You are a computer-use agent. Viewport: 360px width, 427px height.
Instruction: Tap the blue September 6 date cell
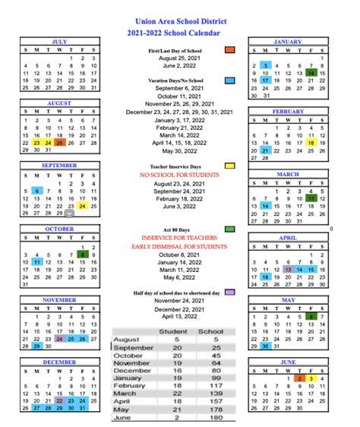click(38, 192)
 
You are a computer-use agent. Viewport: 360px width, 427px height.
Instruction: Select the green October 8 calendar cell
click(93, 255)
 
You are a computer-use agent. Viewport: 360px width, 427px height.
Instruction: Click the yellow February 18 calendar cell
click(311, 142)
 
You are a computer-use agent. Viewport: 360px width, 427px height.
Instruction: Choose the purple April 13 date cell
click(288, 268)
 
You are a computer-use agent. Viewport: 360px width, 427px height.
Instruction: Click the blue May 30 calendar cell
click(264, 346)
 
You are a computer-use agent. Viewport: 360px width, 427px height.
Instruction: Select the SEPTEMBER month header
click(60, 164)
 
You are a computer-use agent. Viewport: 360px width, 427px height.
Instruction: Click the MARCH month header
click(287, 174)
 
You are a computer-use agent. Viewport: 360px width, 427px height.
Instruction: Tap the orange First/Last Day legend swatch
click(229, 49)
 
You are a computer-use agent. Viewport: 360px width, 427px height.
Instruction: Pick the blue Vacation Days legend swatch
click(229, 79)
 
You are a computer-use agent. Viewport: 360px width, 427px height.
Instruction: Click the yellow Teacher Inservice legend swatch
click(229, 165)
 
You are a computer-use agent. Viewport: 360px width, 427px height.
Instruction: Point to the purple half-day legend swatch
click(229, 292)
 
